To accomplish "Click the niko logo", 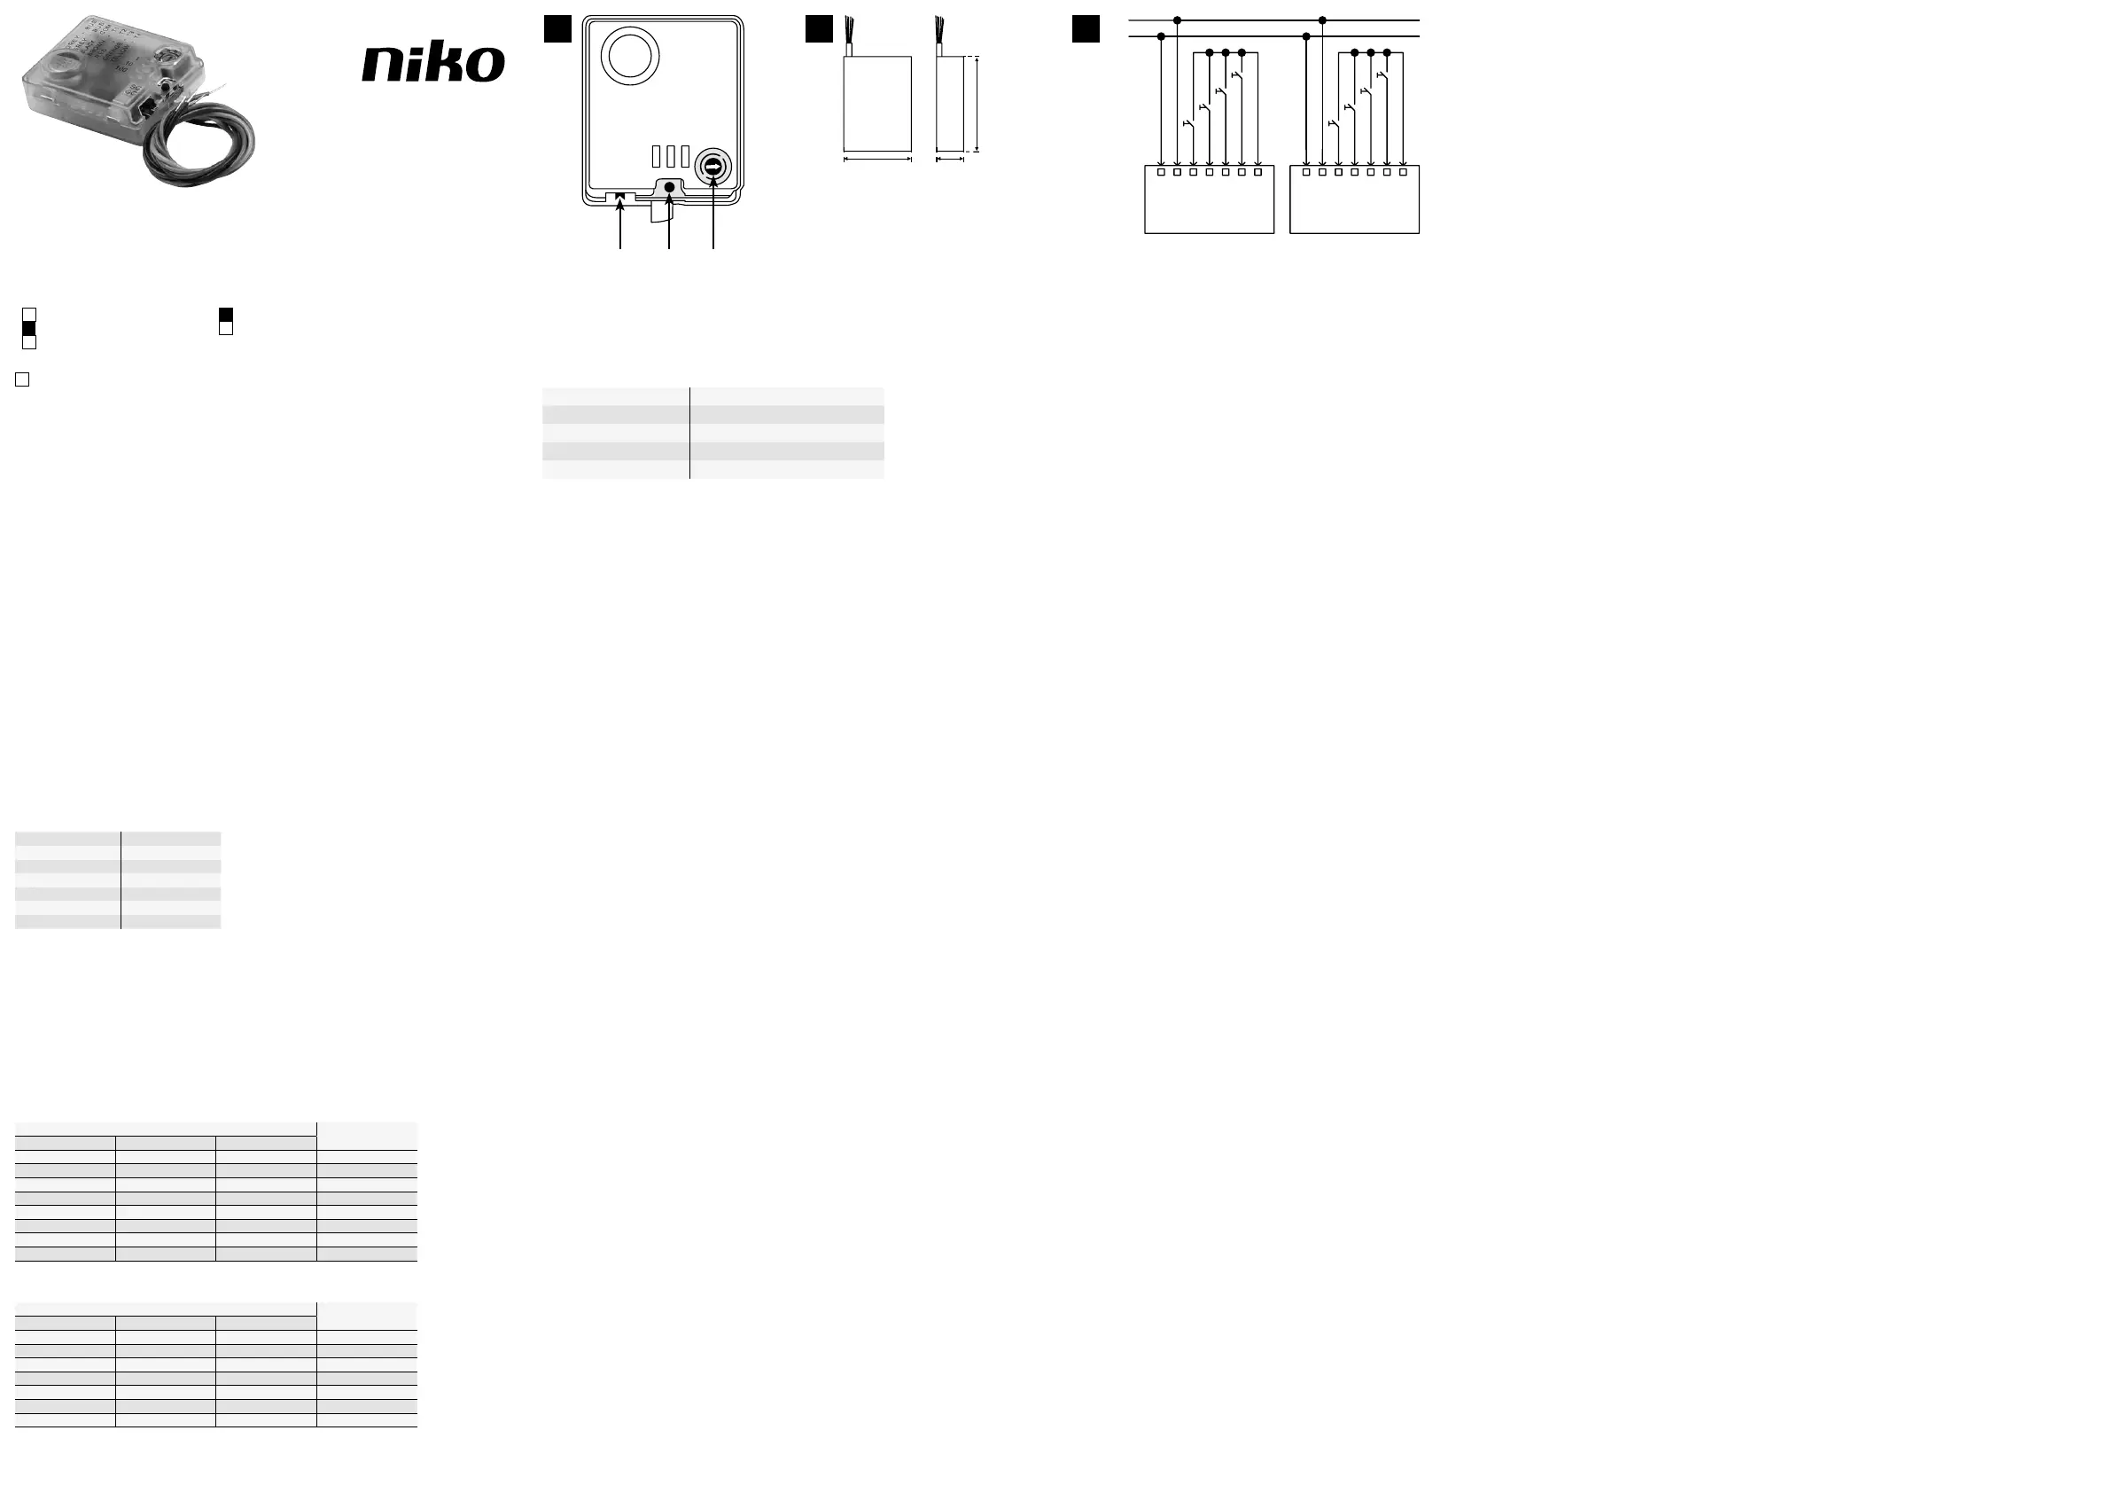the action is pyautogui.click(x=432, y=64).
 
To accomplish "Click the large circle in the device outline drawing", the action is pyautogui.click(x=629, y=55).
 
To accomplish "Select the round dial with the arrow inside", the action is pyautogui.click(x=713, y=168).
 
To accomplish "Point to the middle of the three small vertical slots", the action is pyautogui.click(x=671, y=155).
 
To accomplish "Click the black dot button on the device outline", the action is pyautogui.click(x=669, y=188).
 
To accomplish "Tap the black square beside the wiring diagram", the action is pyautogui.click(x=1086, y=28).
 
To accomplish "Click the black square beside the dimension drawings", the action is pyautogui.click(x=819, y=28).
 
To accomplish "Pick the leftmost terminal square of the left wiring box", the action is pyautogui.click(x=1161, y=172).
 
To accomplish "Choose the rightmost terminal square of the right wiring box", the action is pyautogui.click(x=1404, y=172).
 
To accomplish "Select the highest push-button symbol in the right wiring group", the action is pyautogui.click(x=1382, y=75).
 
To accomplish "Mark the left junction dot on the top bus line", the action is pyautogui.click(x=1177, y=20).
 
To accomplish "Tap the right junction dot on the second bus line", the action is pyautogui.click(x=1306, y=36).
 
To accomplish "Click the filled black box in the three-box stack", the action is pyautogui.click(x=28, y=328).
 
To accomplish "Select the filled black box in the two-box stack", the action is pyautogui.click(x=226, y=316).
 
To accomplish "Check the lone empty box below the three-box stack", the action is pyautogui.click(x=22, y=379).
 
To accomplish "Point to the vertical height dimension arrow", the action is pyautogui.click(x=977, y=104).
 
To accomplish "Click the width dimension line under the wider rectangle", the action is pyautogui.click(x=877, y=160).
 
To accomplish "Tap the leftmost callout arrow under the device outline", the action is pyautogui.click(x=620, y=221).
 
